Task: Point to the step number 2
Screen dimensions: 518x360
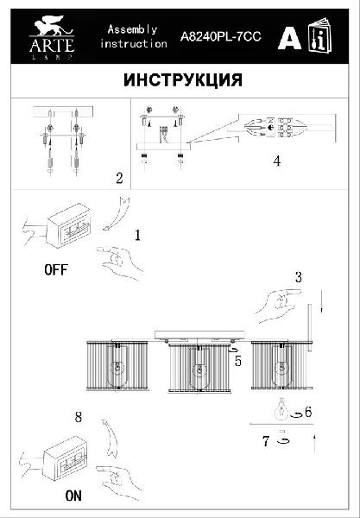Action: tap(118, 179)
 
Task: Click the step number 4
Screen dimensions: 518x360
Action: tap(276, 161)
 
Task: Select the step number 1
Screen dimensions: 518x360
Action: tap(138, 233)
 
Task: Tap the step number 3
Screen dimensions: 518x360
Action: tap(298, 277)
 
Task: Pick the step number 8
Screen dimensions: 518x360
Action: tap(79, 417)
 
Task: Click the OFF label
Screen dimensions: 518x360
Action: tap(55, 269)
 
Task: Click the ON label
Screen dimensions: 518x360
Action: tap(74, 497)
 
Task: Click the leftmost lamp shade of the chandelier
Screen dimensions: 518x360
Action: tap(117, 369)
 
